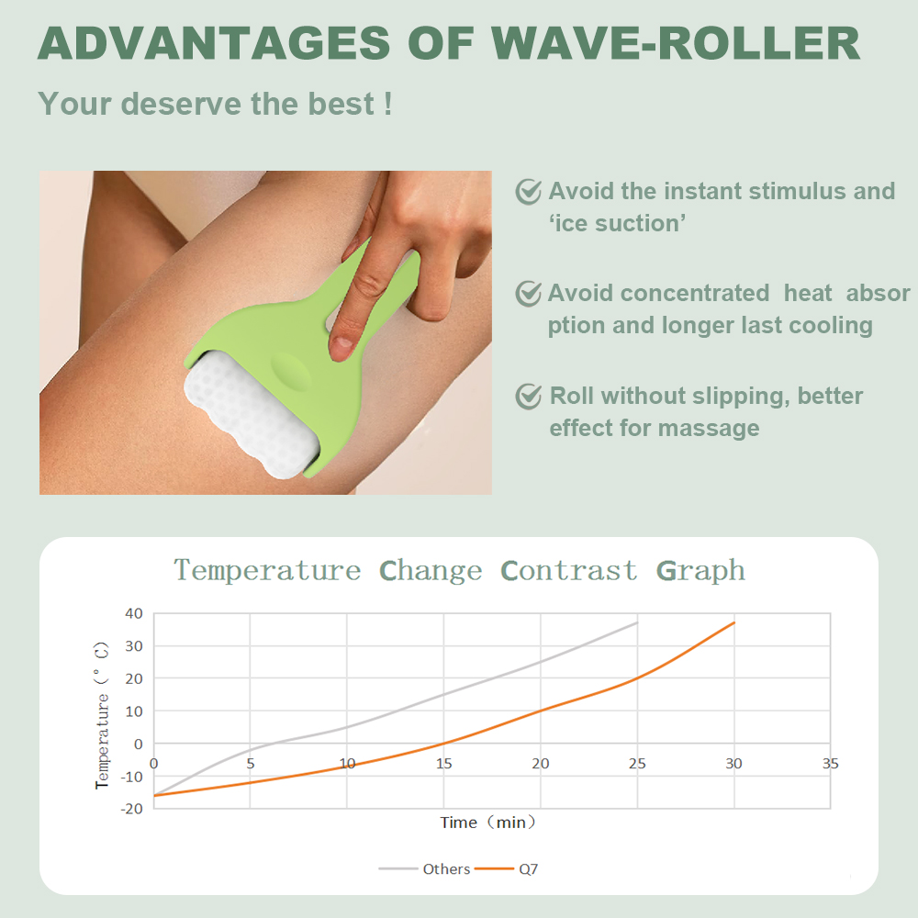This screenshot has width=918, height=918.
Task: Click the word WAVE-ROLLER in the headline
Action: pos(677,43)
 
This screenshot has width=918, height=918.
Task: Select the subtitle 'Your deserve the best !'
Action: pos(215,103)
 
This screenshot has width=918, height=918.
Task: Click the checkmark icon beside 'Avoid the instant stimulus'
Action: pos(528,191)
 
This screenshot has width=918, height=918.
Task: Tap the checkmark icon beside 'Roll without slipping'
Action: pos(528,396)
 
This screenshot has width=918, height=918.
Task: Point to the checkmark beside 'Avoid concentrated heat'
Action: pos(528,293)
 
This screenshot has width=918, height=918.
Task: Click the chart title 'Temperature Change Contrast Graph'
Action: pos(459,570)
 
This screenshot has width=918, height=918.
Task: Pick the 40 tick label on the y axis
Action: pos(133,613)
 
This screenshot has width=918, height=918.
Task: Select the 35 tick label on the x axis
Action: pos(830,764)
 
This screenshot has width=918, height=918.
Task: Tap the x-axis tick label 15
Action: pos(443,764)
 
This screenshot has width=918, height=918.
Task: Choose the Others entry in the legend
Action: pos(446,868)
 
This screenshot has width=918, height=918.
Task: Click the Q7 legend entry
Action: pos(528,868)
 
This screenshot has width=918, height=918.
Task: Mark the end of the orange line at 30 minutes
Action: pos(733,622)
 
